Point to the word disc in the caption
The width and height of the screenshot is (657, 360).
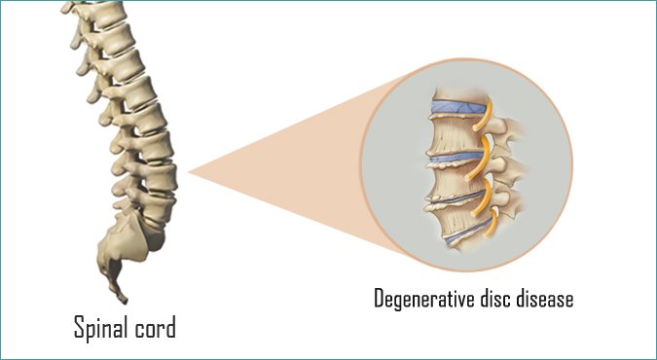point(499,298)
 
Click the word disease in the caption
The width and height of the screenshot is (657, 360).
point(545,298)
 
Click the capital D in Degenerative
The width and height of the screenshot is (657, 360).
point(379,298)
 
